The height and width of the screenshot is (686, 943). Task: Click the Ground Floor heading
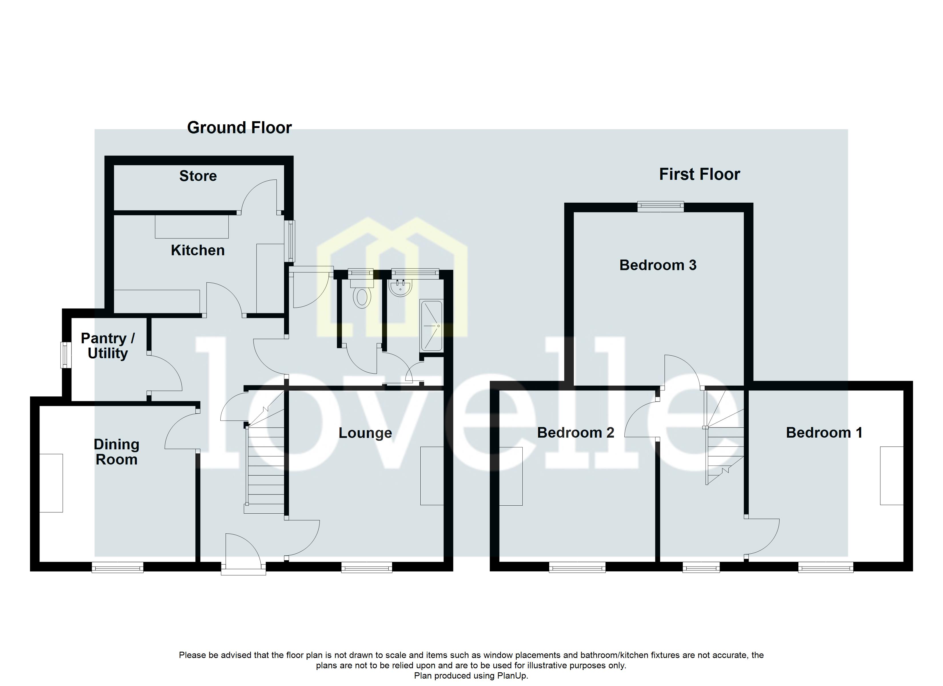[239, 128]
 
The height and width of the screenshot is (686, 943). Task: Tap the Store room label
[198, 176]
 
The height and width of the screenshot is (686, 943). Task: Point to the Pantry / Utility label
[108, 346]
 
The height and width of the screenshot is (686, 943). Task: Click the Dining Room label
[116, 452]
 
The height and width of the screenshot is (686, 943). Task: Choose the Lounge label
[365, 433]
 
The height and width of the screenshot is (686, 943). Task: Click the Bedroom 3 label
[658, 265]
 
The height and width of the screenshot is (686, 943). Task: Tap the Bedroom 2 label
[576, 433]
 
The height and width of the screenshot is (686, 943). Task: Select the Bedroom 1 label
[824, 433]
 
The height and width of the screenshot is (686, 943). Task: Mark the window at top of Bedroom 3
[661, 206]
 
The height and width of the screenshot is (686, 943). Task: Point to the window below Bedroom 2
[577, 567]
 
